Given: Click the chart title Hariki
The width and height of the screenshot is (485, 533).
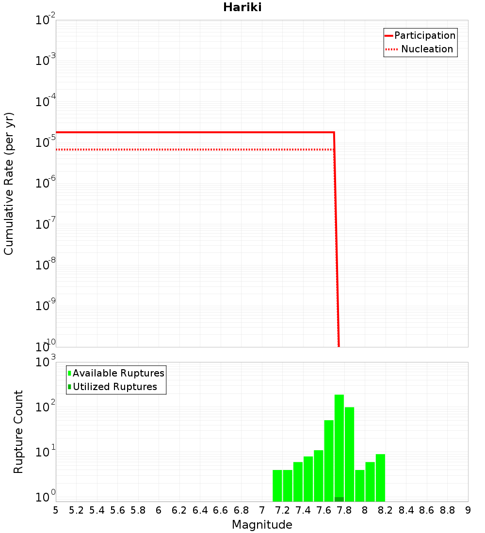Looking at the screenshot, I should pyautogui.click(x=242, y=7).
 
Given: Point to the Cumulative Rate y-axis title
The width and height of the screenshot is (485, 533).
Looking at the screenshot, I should pyautogui.click(x=9, y=183).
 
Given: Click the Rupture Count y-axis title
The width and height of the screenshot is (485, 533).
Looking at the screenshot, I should pyautogui.click(x=18, y=431).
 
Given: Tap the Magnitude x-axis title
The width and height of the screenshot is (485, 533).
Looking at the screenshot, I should pyautogui.click(x=262, y=525).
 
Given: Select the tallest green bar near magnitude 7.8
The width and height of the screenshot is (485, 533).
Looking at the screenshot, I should pyautogui.click(x=339, y=446).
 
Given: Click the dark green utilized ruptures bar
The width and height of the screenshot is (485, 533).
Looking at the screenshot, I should pyautogui.click(x=339, y=499).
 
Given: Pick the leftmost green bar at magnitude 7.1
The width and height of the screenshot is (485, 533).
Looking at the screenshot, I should pyautogui.click(x=277, y=486).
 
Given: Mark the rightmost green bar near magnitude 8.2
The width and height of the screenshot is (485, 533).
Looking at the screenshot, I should pyautogui.click(x=380, y=477).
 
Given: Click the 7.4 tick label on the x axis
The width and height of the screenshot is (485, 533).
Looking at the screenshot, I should pyautogui.click(x=303, y=510).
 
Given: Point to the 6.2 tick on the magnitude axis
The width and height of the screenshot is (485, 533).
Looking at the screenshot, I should pyautogui.click(x=179, y=510).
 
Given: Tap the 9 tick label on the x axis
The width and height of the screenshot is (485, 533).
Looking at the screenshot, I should pyautogui.click(x=468, y=510).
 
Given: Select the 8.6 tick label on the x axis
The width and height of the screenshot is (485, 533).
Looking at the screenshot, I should pyautogui.click(x=427, y=510).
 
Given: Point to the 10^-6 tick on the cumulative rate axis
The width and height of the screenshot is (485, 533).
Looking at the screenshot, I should pyautogui.click(x=46, y=184).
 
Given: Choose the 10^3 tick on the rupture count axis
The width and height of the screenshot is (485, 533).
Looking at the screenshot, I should pyautogui.click(x=46, y=362).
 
